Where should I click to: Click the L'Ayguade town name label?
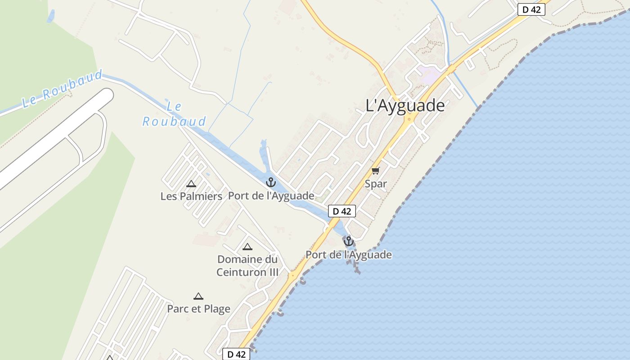click(x=405, y=106)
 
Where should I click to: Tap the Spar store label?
click(x=376, y=184)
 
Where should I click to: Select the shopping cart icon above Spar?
click(x=376, y=171)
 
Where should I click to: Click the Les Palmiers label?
click(x=191, y=196)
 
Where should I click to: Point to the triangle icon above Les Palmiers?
click(x=191, y=184)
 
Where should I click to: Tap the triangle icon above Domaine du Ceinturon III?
click(x=247, y=247)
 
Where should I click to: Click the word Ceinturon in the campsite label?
click(x=247, y=272)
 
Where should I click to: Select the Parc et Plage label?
click(x=198, y=309)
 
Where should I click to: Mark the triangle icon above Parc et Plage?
click(x=198, y=296)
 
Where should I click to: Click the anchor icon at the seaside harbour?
click(x=348, y=242)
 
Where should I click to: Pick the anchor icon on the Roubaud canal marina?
click(x=270, y=182)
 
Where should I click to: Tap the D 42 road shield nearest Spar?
click(x=342, y=211)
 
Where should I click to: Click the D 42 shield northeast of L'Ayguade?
click(x=531, y=9)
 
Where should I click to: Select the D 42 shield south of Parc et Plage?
click(x=236, y=354)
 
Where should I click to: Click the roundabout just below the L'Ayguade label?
click(x=409, y=119)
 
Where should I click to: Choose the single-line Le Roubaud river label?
click(x=62, y=89)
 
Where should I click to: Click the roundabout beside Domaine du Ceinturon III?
click(x=293, y=274)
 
